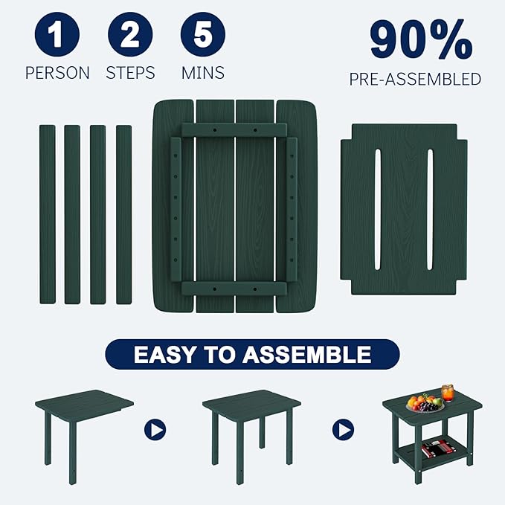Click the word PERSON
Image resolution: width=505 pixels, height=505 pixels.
(x=57, y=73)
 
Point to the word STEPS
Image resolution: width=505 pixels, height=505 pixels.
(x=130, y=73)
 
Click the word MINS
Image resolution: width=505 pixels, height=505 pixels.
(x=203, y=73)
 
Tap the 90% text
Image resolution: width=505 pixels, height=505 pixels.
(x=421, y=41)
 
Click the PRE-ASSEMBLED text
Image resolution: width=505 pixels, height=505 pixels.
(x=415, y=79)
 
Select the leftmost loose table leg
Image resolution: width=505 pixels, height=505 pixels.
(x=48, y=214)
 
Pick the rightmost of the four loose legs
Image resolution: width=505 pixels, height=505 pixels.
(x=123, y=214)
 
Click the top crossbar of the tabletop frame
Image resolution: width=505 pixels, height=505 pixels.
(x=234, y=129)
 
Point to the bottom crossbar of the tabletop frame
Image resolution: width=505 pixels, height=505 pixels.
(x=234, y=289)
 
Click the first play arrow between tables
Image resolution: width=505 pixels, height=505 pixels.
(x=155, y=429)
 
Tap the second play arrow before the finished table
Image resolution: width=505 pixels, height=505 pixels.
(x=343, y=429)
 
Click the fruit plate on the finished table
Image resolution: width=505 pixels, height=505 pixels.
(x=425, y=404)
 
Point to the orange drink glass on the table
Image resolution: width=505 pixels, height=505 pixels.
(x=448, y=393)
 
